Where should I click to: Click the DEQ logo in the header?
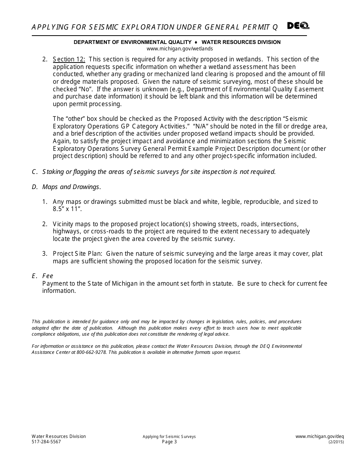pos(298,26)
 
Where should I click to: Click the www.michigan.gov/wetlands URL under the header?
pos(180,48)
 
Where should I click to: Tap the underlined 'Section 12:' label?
pos(69,59)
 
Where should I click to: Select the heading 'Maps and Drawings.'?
pos(72,187)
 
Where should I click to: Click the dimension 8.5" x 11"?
pos(67,209)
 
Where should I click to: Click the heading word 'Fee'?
pos(48,276)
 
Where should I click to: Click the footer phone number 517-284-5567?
pos(46,442)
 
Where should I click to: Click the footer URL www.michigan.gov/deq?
pos(319,436)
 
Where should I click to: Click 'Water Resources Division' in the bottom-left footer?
pos(59,436)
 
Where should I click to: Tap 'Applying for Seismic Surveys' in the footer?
pos(169,436)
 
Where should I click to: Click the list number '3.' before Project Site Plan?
pos(44,254)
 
